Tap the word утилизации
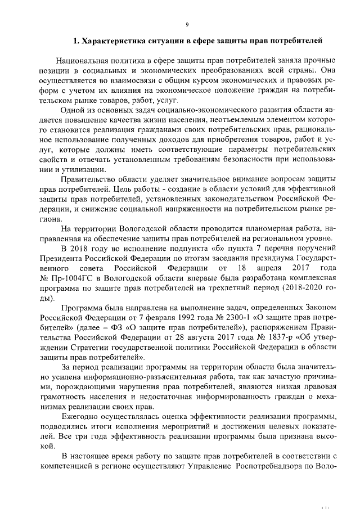pos(83,169)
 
